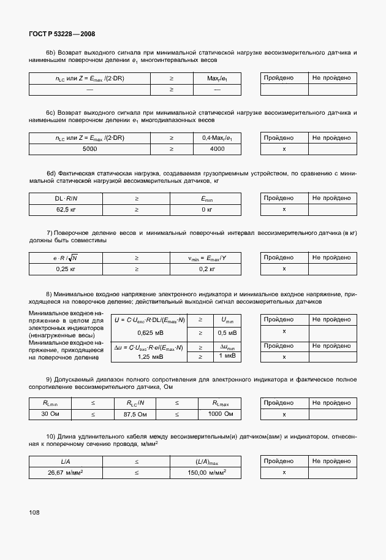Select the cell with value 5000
(89, 149)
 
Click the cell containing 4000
(217, 149)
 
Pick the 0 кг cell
(206, 209)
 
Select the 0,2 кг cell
(208, 269)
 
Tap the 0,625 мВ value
(149, 332)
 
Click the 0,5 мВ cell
(227, 332)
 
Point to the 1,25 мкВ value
(149, 356)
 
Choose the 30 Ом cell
(50, 414)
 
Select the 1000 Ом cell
(220, 414)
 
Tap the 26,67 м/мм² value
(65, 472)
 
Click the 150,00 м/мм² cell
(206, 472)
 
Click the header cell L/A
(65, 461)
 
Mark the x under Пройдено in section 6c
(284, 149)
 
